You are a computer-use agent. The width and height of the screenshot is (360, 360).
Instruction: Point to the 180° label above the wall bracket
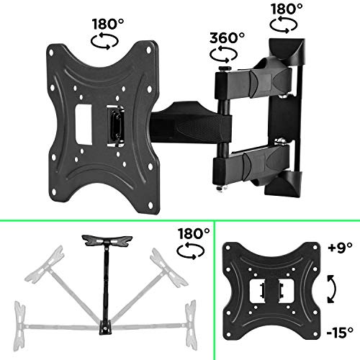click(288, 10)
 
